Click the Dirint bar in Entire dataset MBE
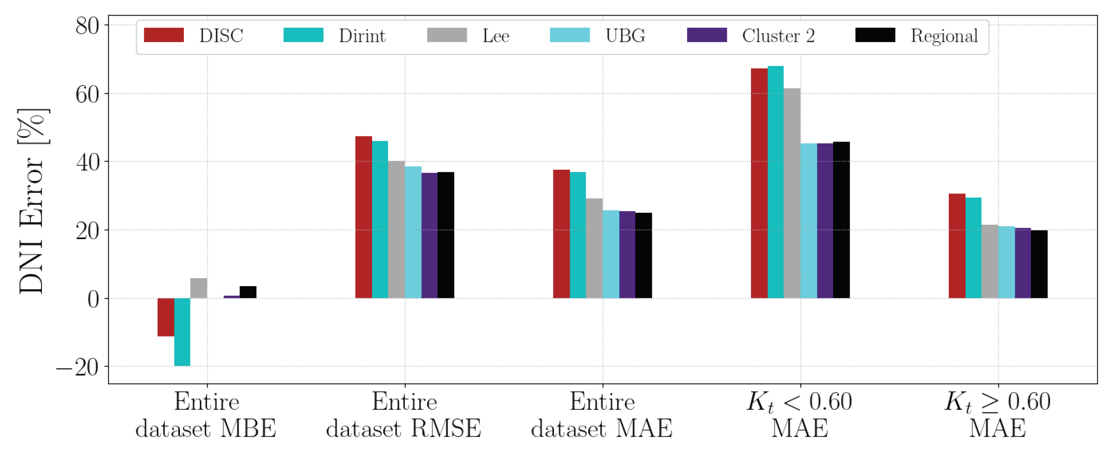pos(182,332)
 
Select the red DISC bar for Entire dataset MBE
pos(166,317)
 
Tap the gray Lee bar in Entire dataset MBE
pos(198,288)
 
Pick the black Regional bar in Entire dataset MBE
pos(248,292)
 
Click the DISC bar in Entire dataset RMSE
pos(363,217)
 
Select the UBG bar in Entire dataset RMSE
pos(413,232)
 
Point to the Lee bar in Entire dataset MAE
pos(594,248)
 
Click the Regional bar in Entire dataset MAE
pos(644,255)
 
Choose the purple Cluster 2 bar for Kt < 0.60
pos(825,220)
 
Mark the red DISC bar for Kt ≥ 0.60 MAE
pos(957,246)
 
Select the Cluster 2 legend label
pos(778,36)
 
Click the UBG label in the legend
pos(625,36)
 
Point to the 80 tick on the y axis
pos(87,26)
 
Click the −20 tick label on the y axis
pos(78,367)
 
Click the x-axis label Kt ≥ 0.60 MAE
pos(998,414)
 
